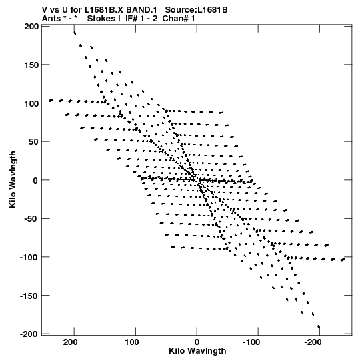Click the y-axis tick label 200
[x=31, y=27]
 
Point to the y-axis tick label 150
[x=31, y=65]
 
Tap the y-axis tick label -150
[x=29, y=296]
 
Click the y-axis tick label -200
[x=29, y=334]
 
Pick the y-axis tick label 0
[x=35, y=180]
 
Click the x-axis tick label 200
[x=71, y=342]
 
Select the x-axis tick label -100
[x=251, y=342]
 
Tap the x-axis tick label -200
[x=313, y=342]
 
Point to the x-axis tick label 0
[x=197, y=342]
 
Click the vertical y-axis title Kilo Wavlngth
[x=13, y=179]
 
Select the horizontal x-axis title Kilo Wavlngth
[x=197, y=351]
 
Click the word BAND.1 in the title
[x=141, y=10]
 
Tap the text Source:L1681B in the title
[x=196, y=10]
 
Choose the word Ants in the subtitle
[x=51, y=19]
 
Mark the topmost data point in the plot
[x=75, y=33]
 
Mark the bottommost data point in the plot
[x=319, y=326]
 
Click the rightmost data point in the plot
[x=343, y=260]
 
